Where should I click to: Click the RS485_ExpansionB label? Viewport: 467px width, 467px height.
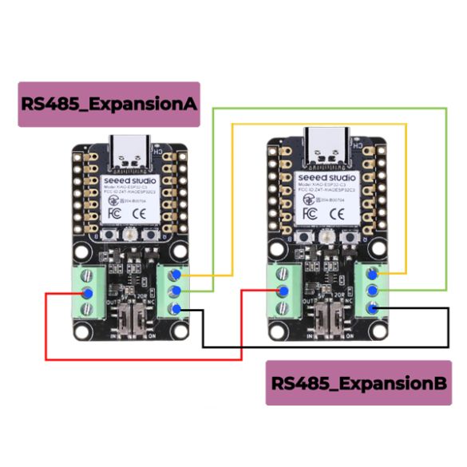[x=358, y=382]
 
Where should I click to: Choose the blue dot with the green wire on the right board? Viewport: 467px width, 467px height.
[x=373, y=291]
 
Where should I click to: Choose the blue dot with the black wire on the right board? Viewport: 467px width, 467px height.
[x=373, y=309]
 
